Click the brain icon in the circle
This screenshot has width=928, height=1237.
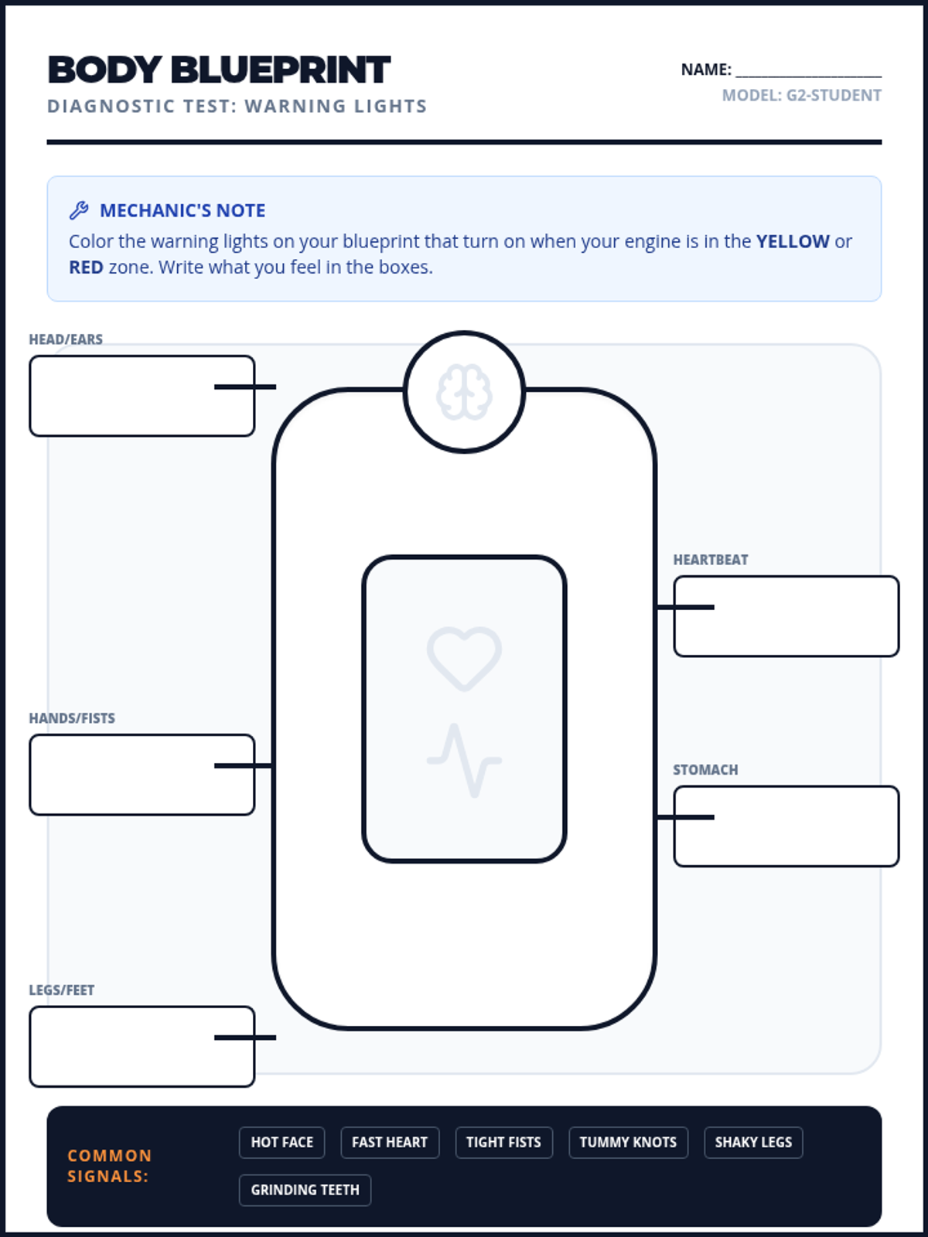pos(464,393)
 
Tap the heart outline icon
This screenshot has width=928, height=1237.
pos(464,658)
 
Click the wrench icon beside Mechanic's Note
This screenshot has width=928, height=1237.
pos(79,210)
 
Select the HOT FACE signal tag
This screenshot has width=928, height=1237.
pos(281,1143)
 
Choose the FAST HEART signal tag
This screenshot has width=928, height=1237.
pos(390,1143)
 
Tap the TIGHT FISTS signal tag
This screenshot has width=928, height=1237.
pos(503,1143)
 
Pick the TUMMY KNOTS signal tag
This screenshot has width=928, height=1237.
pos(628,1143)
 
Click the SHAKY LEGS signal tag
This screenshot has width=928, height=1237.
pos(753,1143)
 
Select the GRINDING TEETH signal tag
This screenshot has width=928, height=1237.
pos(305,1191)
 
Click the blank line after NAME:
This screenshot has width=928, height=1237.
pos(808,71)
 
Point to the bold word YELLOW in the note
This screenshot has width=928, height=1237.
pos(793,241)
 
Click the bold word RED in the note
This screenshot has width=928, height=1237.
pos(86,268)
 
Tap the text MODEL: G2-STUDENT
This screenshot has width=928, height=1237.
pos(801,96)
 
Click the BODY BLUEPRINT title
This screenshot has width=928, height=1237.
pos(219,70)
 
